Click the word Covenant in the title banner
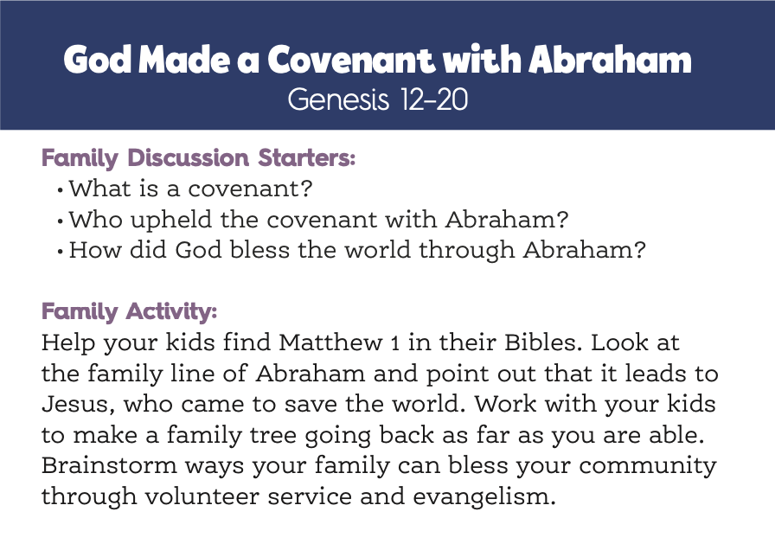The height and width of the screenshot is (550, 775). (351, 60)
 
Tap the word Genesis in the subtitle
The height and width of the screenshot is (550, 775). (338, 99)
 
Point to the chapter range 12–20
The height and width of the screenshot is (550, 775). (434, 99)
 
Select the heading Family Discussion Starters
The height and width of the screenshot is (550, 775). (199, 158)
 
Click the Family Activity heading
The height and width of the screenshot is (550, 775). (130, 311)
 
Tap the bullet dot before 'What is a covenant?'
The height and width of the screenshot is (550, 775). (61, 189)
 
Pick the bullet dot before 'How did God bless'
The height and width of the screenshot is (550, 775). (61, 252)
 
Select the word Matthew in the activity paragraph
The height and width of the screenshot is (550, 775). (330, 342)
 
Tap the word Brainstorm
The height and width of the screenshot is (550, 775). (109, 465)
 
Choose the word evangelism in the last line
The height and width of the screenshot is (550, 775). (484, 497)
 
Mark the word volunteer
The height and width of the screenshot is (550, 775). (202, 496)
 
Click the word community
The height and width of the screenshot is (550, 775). (648, 466)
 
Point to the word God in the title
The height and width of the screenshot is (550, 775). (98, 60)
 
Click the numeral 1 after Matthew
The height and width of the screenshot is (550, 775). (395, 343)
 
